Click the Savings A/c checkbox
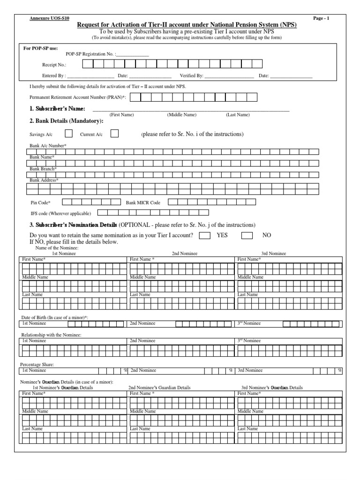[x=68, y=134]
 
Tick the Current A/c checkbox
[x=114, y=134]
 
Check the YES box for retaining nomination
[x=204, y=235]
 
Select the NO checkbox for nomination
[x=247, y=235]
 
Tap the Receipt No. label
[x=54, y=65]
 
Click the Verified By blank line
[x=229, y=75]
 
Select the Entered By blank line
[x=91, y=75]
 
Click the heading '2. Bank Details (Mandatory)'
[x=67, y=121]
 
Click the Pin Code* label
[x=40, y=202]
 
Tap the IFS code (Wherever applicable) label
[x=60, y=213]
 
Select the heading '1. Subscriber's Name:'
[x=57, y=109]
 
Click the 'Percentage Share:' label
[x=37, y=364]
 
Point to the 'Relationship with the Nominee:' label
[x=52, y=335]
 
